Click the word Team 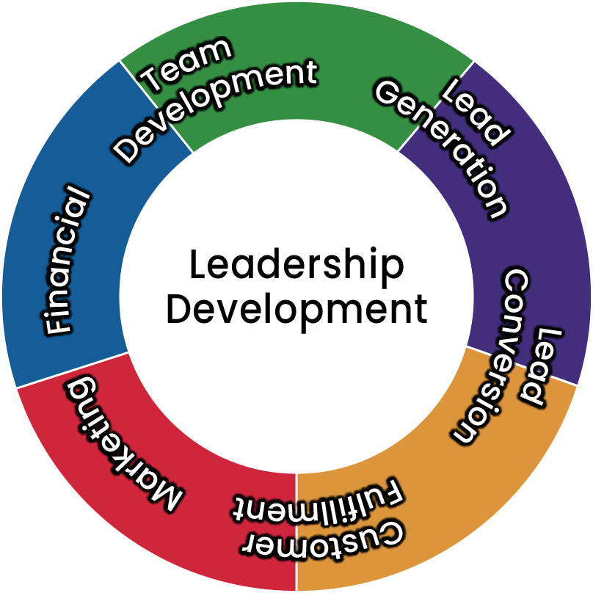point(187,65)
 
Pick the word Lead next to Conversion point(540,367)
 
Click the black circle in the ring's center point(296,296)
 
